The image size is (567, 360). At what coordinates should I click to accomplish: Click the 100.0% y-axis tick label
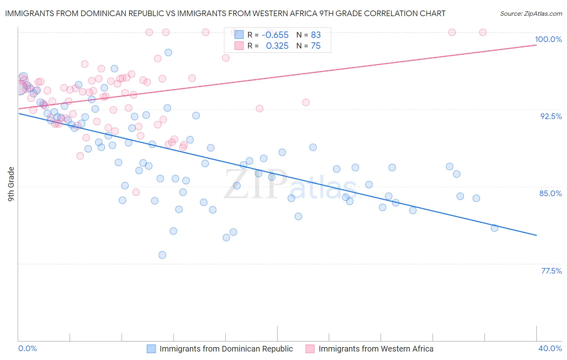point(548,39)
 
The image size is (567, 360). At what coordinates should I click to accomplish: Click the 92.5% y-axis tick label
point(551,116)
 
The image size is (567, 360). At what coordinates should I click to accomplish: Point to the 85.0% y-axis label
point(550,193)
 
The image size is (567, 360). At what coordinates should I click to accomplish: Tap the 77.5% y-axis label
point(551,270)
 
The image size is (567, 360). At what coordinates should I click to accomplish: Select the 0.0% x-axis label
point(27,348)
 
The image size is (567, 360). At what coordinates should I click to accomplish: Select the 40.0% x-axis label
point(550,348)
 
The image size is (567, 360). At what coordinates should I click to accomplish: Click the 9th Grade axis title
point(11,184)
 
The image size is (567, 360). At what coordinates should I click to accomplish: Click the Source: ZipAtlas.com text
point(531,14)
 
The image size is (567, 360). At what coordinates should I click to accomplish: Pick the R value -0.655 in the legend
point(275,35)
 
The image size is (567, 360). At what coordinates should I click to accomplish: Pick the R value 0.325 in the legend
point(277,46)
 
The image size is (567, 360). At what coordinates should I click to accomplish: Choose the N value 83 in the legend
point(316,35)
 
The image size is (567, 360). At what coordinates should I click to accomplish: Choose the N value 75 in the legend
point(316,46)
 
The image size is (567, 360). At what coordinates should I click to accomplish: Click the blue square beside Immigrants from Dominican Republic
point(151,349)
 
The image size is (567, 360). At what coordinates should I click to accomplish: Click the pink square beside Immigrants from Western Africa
point(310,349)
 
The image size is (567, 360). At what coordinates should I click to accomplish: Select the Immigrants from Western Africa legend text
point(376,349)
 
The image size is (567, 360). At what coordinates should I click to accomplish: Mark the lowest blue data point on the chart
point(162,255)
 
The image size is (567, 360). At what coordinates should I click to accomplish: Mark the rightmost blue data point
point(494,228)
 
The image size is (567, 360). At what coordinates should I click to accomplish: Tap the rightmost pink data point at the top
point(483,32)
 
